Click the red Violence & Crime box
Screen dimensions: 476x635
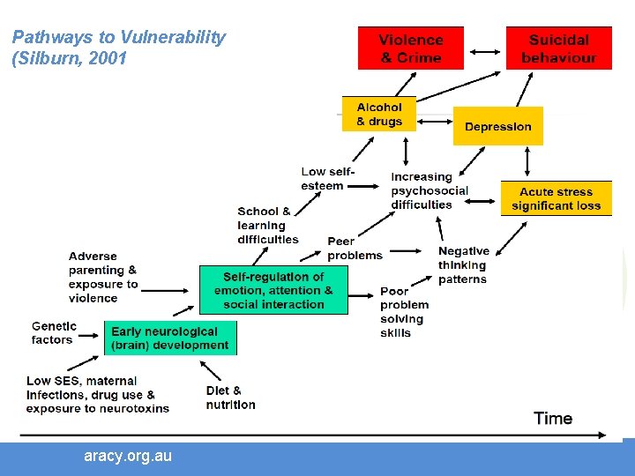click(410, 48)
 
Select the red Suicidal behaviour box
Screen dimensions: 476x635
click(558, 48)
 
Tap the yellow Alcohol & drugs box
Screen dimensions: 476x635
click(378, 115)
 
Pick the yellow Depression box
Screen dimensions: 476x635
click(497, 126)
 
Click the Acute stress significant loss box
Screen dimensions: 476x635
click(556, 198)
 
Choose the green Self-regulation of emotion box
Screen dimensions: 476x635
click(273, 290)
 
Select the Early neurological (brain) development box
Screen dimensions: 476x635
click(170, 338)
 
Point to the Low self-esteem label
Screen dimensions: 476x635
click(326, 179)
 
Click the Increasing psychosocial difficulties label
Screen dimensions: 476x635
click(429, 190)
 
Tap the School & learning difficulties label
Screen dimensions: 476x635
click(267, 225)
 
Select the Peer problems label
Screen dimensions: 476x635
click(355, 248)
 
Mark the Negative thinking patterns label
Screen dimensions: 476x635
click(463, 265)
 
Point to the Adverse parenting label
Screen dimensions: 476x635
click(104, 277)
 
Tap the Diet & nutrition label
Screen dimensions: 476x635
click(230, 398)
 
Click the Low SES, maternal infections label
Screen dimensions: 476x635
click(97, 395)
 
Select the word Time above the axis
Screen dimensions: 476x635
click(553, 418)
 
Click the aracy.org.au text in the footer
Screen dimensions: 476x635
click(128, 456)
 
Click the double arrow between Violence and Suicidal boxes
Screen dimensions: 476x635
click(486, 51)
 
